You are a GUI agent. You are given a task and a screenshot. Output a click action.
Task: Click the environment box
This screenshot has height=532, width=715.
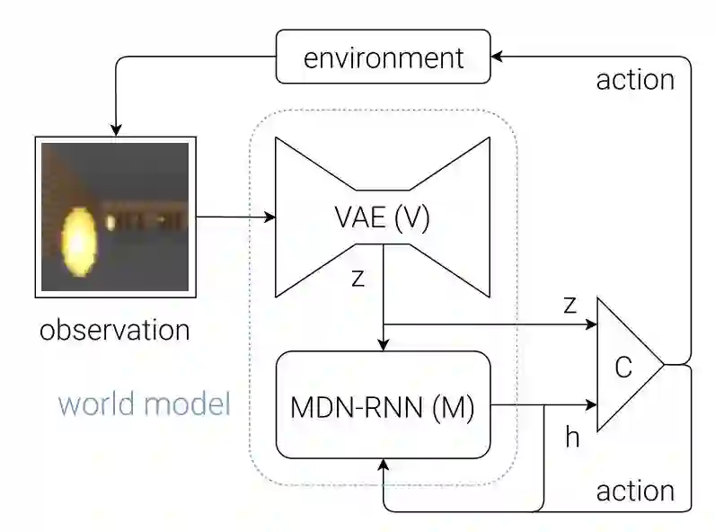384,59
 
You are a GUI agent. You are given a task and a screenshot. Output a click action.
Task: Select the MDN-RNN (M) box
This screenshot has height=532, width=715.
384,406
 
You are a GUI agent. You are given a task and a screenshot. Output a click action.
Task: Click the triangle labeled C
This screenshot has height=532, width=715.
624,365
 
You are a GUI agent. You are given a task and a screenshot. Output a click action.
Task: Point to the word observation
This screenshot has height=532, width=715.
115,330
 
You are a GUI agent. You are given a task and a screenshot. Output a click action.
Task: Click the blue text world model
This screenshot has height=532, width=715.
145,403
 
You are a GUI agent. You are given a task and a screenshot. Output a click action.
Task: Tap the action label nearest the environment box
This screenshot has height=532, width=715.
635,80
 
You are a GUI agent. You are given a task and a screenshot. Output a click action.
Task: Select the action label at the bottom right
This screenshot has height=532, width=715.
635,491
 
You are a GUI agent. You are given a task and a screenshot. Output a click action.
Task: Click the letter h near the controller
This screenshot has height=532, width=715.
572,437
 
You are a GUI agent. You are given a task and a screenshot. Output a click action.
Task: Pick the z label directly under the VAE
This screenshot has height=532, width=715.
358,279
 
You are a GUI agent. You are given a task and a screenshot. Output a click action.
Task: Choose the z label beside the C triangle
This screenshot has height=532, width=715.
569,305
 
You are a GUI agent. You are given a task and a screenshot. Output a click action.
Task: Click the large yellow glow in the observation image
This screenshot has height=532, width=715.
78,239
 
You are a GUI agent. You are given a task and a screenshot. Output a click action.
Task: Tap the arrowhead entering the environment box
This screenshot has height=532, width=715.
498,57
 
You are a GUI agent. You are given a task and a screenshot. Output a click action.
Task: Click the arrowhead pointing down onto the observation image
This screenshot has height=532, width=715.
115,129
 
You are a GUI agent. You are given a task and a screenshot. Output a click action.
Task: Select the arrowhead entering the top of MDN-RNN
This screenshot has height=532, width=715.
384,344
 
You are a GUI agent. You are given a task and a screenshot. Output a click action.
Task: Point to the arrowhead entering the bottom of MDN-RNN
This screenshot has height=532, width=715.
384,465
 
